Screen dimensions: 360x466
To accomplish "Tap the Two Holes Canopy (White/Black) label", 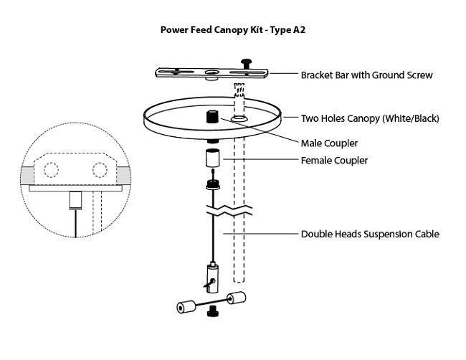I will (x=370, y=118).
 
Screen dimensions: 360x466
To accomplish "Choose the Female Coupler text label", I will (x=334, y=161).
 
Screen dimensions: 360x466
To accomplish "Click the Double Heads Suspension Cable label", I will (x=370, y=234).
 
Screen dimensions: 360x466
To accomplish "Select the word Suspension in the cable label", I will (x=384, y=234).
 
